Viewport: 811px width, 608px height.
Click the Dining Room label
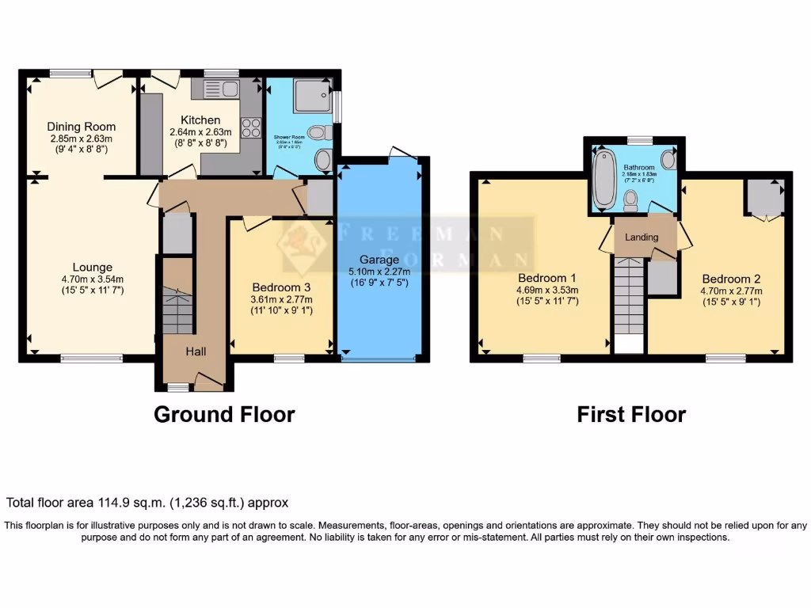81,127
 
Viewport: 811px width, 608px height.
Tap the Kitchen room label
200,120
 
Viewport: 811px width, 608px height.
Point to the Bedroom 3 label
282,287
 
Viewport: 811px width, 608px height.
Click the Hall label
196,351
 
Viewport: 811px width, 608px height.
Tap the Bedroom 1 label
546,278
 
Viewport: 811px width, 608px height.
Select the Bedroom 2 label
731,279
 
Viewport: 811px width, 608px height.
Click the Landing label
642,237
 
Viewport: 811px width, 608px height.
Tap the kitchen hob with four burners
250,127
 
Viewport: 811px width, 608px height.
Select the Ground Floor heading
224,414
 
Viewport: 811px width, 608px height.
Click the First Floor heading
631,414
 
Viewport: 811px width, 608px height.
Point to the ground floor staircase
177,310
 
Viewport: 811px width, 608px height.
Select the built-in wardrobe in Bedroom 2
764,196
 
